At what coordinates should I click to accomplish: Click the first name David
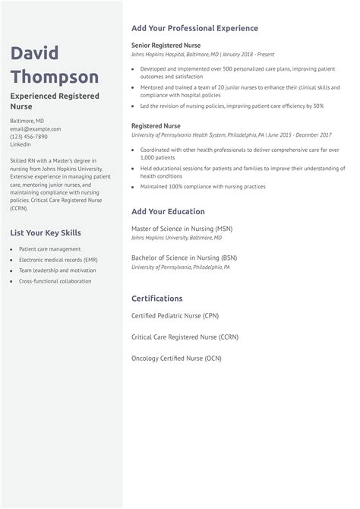34,53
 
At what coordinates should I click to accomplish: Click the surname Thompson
54,77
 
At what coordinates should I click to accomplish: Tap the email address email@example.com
36,128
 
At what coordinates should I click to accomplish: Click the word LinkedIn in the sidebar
21,144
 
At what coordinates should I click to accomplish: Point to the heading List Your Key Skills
46,232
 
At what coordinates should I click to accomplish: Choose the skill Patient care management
49,249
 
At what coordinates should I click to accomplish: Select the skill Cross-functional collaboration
55,281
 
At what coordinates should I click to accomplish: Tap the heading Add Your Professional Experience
194,28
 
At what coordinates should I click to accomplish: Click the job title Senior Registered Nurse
167,46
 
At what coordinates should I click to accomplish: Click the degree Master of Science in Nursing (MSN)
182,229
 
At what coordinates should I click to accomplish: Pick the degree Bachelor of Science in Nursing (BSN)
184,258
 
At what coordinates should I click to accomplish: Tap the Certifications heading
157,298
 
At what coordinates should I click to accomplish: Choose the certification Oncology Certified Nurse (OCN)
176,357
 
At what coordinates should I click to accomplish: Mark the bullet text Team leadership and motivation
52,270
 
